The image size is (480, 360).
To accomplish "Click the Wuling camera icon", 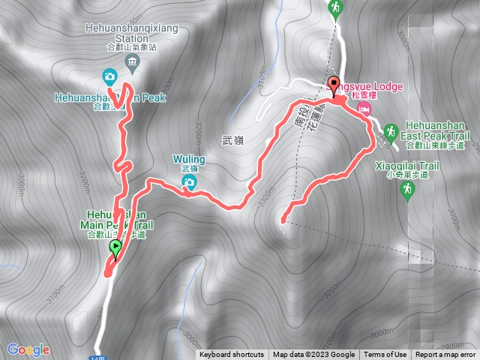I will (x=191, y=182).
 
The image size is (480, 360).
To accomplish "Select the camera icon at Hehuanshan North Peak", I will (x=109, y=76).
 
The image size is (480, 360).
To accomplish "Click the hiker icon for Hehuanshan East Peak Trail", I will (x=390, y=133).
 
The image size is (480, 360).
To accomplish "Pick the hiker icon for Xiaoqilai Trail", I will (x=408, y=191).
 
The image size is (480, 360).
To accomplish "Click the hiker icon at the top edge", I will (x=334, y=7).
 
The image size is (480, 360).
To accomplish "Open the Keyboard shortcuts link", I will (x=232, y=355).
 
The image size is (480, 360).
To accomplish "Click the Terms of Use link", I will (x=385, y=355).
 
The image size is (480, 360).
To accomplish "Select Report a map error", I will (x=445, y=355).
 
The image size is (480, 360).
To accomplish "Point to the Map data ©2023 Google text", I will (x=313, y=355).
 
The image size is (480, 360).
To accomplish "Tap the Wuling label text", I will (x=188, y=159).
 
